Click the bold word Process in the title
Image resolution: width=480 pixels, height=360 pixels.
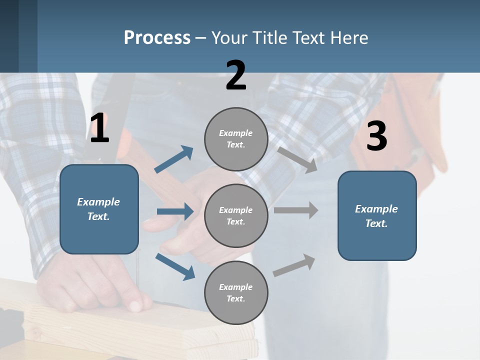click(x=157, y=38)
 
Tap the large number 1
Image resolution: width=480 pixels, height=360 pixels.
click(x=99, y=129)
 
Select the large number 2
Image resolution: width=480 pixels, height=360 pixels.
click(x=236, y=76)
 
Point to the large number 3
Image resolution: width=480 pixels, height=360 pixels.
click(x=376, y=137)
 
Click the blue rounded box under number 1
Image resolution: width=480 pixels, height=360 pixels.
click(x=99, y=209)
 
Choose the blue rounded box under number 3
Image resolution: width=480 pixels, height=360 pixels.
click(x=377, y=216)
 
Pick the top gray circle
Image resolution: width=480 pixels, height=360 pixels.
click(x=236, y=139)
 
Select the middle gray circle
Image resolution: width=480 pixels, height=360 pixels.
click(x=236, y=215)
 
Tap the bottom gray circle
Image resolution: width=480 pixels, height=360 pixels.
click(x=236, y=292)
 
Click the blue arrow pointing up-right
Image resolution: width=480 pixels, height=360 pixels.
click(x=174, y=159)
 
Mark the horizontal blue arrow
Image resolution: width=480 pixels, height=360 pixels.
click(x=175, y=211)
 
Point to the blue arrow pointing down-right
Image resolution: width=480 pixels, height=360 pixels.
click(x=175, y=266)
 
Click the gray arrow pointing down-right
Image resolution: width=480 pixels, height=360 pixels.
click(x=297, y=160)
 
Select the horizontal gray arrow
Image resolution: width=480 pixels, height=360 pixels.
click(x=295, y=210)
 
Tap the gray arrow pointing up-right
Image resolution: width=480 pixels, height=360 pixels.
click(x=294, y=265)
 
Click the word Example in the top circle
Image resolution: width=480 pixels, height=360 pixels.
click(x=236, y=133)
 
